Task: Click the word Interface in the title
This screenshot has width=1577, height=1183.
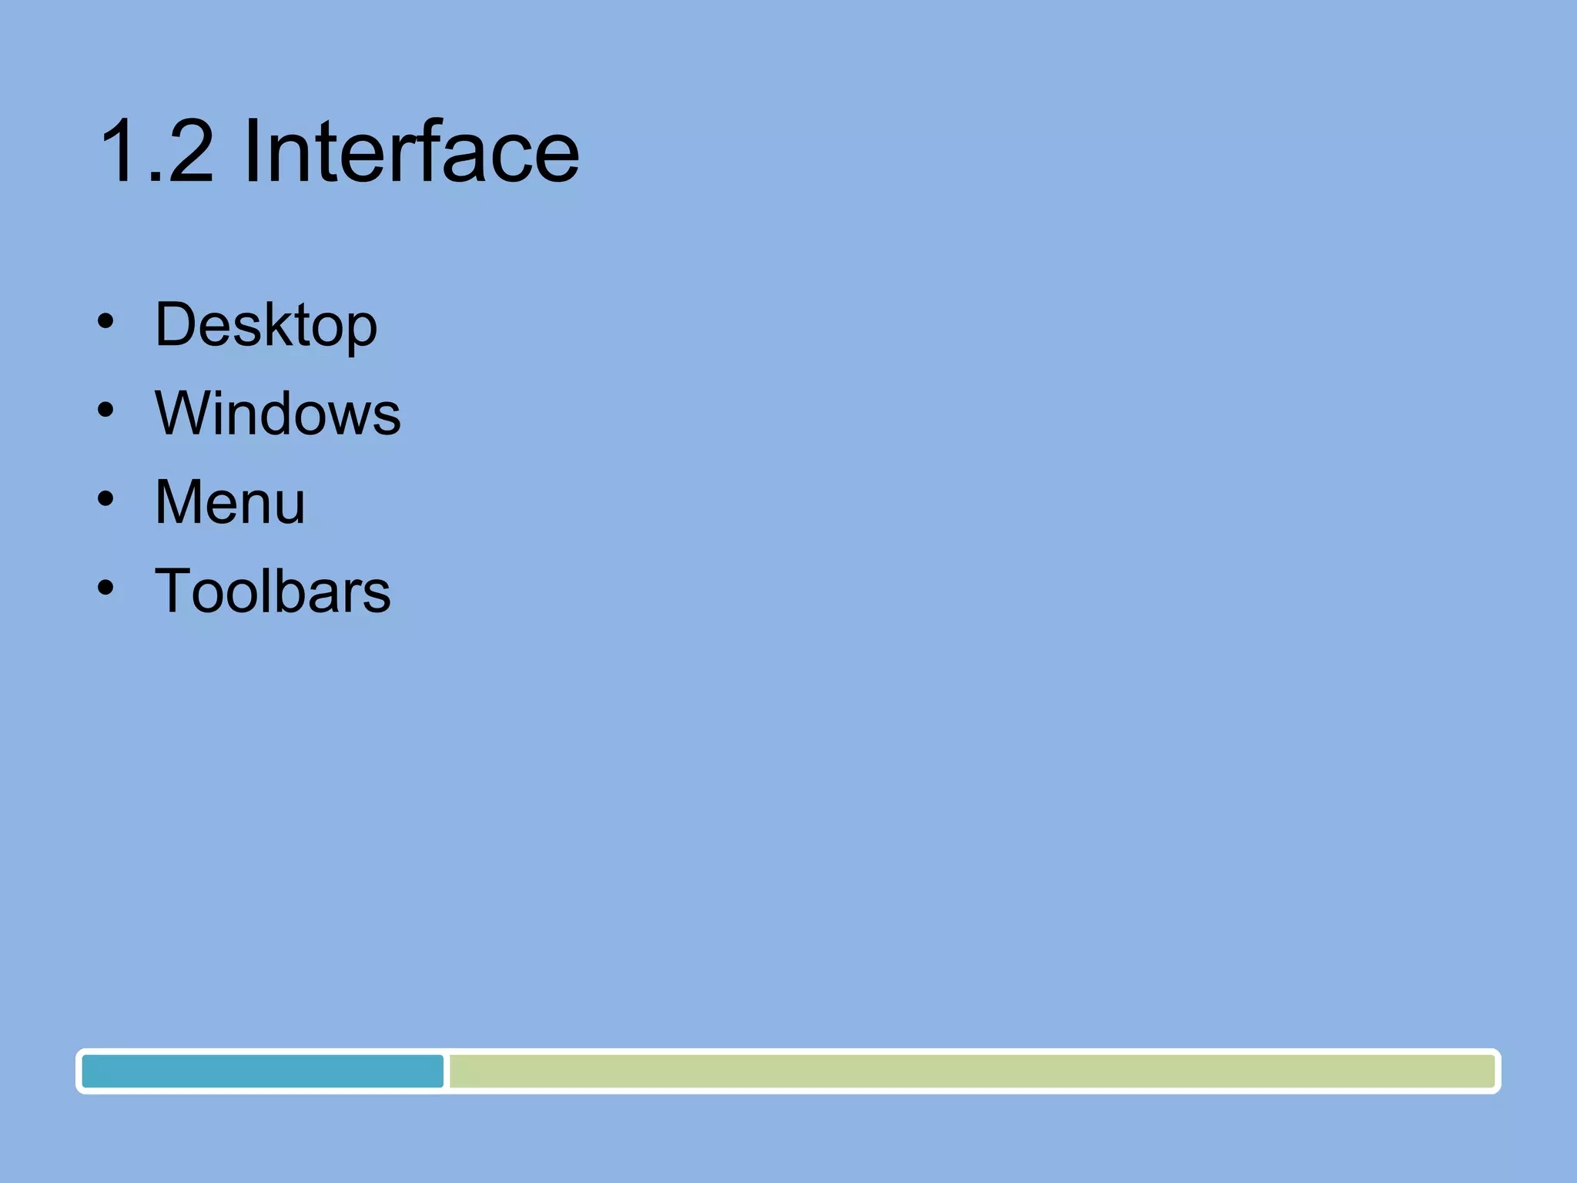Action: pos(411,152)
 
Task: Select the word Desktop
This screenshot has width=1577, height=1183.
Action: pos(266,325)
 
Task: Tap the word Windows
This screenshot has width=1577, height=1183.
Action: pos(277,414)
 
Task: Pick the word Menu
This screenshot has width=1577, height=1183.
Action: pos(229,502)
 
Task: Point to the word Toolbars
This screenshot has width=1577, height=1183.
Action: pos(273,591)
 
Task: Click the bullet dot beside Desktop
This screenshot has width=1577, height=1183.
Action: pos(105,321)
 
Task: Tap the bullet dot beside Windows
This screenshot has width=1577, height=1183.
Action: pos(105,410)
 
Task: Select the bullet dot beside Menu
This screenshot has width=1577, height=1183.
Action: pos(105,499)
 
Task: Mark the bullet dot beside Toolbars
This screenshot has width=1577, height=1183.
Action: pos(105,588)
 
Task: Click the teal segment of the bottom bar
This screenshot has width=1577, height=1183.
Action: pos(263,1071)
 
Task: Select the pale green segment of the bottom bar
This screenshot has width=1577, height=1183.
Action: pos(970,1071)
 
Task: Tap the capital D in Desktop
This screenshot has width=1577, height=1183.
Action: pos(176,325)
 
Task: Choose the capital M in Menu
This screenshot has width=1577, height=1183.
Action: pos(182,502)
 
